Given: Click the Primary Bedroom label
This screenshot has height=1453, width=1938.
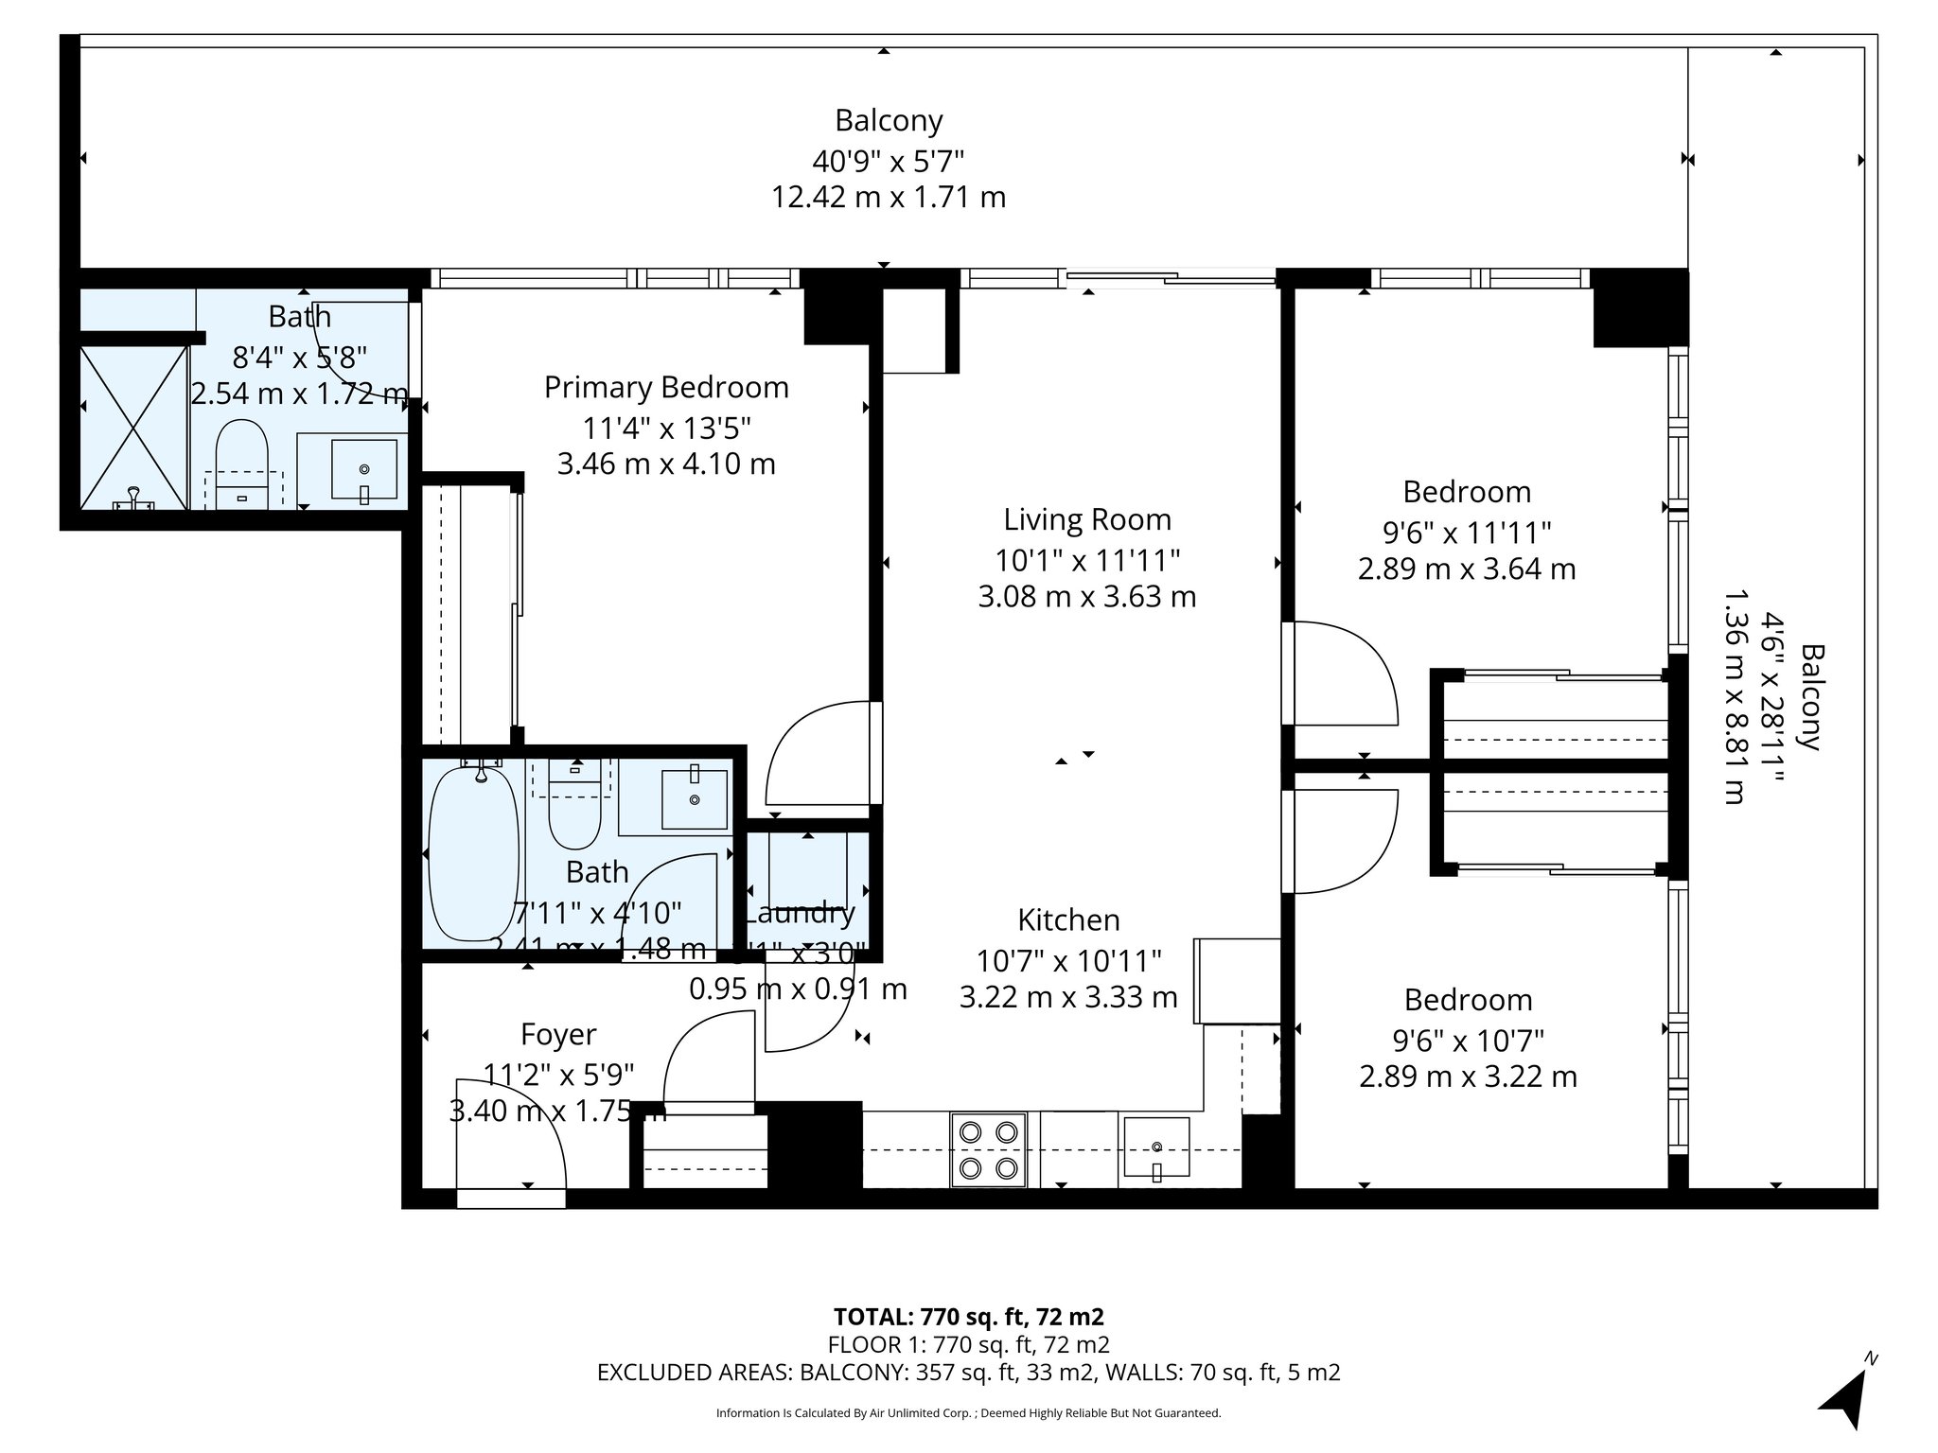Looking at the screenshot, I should (666, 388).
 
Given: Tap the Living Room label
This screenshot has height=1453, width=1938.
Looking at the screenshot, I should (1087, 519).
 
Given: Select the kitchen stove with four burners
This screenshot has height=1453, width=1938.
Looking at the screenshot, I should (988, 1149).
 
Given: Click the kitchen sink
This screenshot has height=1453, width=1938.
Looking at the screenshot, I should (1156, 1147).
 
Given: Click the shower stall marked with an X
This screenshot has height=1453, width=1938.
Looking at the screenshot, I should (133, 428).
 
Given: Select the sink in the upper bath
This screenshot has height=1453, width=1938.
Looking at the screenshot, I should (364, 468).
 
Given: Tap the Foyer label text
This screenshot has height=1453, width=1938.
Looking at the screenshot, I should (558, 1035).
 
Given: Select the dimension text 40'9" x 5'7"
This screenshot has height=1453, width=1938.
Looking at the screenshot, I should (888, 161).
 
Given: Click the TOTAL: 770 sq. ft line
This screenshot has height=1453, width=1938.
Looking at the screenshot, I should (968, 1317).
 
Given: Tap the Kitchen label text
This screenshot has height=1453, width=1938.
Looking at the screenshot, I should (1068, 919).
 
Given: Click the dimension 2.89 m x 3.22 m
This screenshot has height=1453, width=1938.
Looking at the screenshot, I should (1468, 1077).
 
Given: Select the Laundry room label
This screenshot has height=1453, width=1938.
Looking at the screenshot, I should (801, 914).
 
